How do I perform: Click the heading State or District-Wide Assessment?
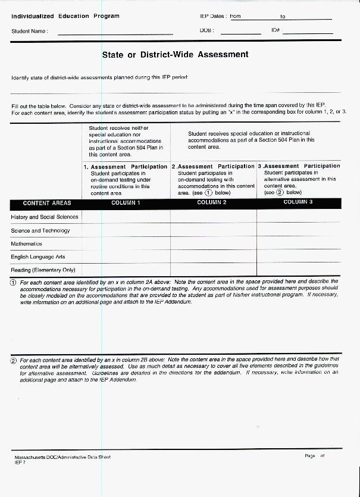[175, 55]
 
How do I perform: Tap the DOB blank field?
[240, 32]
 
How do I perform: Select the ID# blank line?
[307, 32]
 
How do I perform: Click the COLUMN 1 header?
[126, 203]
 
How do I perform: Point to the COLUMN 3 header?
[298, 202]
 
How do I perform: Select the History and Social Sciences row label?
[45, 217]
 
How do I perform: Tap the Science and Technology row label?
[40, 230]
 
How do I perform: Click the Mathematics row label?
[27, 244]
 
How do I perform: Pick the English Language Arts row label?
[38, 257]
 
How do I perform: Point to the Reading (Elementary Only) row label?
[43, 270]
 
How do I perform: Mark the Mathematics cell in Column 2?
[213, 244]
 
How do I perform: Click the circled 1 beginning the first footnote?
[14, 282]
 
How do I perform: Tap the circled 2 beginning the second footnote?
[14, 361]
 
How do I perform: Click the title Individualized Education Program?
[65, 16]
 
